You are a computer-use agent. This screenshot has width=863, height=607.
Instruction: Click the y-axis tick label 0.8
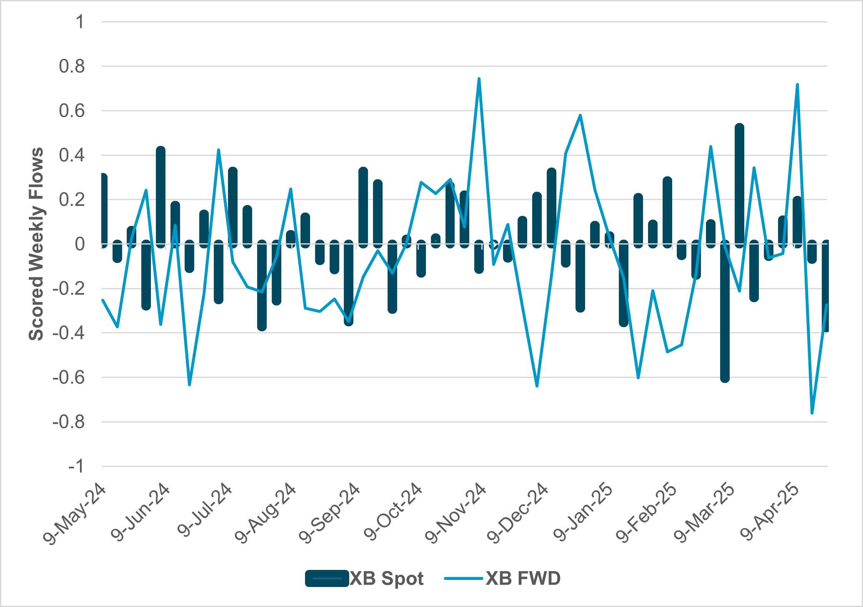click(x=71, y=66)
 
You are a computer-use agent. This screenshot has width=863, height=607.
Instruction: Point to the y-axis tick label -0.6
click(x=68, y=377)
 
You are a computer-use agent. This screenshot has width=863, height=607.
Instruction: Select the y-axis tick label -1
click(x=76, y=466)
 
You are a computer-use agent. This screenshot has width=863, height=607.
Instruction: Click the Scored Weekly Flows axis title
click(x=36, y=244)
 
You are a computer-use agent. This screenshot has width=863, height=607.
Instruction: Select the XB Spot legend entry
click(x=365, y=578)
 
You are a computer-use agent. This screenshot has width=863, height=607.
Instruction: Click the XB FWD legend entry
click(x=503, y=578)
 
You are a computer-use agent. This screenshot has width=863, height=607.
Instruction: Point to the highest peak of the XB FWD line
click(x=479, y=78)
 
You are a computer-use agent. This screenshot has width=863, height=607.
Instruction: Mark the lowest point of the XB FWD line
click(x=812, y=413)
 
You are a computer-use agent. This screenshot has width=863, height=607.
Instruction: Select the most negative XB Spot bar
click(x=725, y=312)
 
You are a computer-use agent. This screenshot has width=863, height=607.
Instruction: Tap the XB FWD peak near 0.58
click(x=580, y=115)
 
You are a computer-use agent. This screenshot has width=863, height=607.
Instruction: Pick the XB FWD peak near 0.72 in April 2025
click(x=797, y=84)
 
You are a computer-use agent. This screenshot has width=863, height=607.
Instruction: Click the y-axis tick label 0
click(x=80, y=244)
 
